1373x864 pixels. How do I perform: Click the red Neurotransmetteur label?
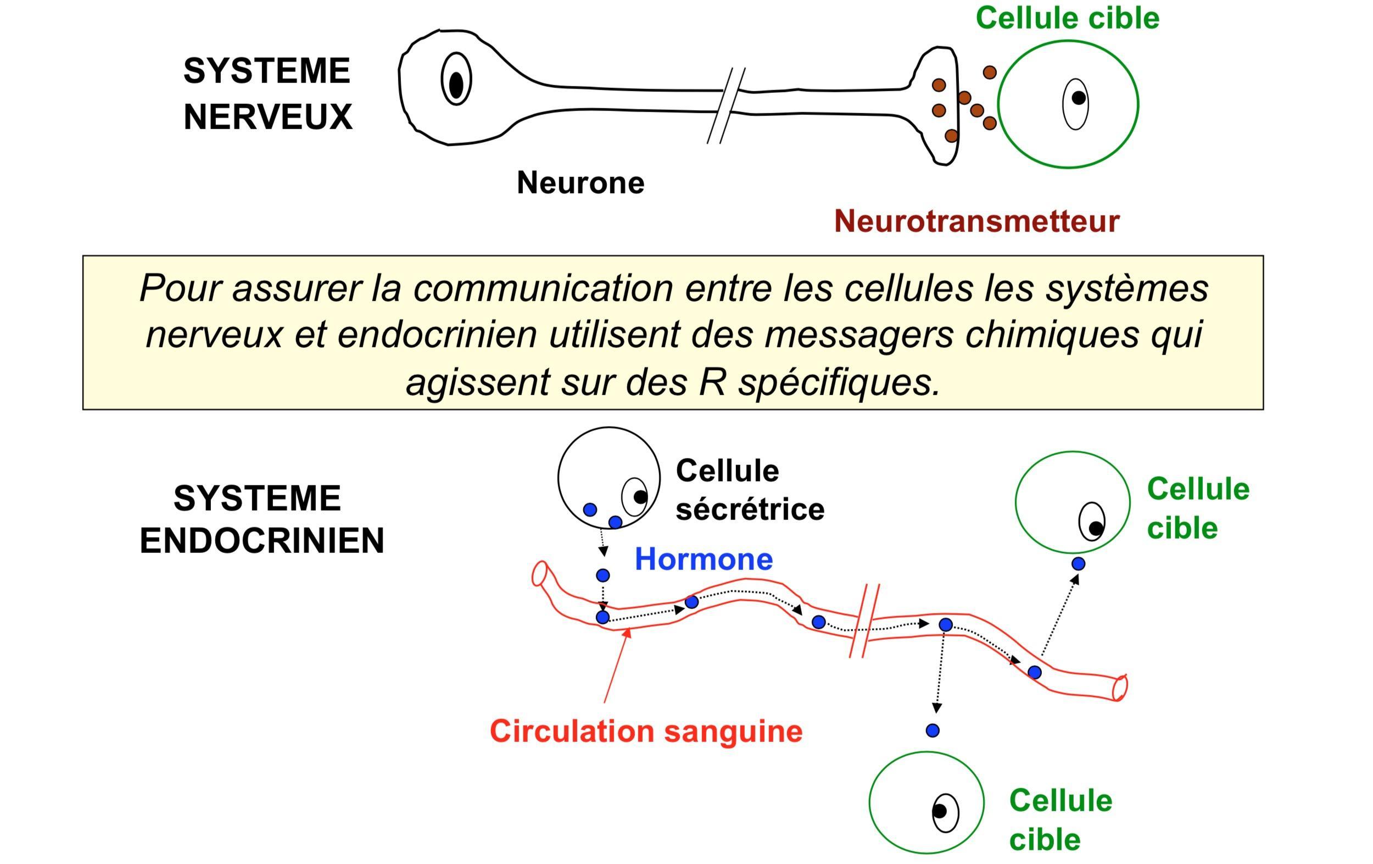(x=976, y=221)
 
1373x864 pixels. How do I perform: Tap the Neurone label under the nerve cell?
(x=580, y=183)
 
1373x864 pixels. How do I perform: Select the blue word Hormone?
(x=703, y=559)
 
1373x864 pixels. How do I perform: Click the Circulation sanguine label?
(x=645, y=731)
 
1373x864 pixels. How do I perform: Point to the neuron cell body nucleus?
(x=456, y=80)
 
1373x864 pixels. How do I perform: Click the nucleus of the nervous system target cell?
(x=1075, y=103)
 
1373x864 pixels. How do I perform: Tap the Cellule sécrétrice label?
(x=749, y=490)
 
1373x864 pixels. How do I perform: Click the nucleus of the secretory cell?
(x=635, y=496)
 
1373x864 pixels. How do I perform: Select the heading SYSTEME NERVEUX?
(x=267, y=93)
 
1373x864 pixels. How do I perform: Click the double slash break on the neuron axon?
(x=726, y=106)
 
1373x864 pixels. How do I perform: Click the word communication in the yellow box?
(x=543, y=289)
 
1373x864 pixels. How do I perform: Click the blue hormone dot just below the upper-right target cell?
(x=1078, y=564)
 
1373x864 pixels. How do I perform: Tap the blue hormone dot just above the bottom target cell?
(x=932, y=730)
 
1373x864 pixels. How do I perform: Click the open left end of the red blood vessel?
(x=539, y=574)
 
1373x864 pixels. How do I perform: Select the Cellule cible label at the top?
(x=1067, y=18)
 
